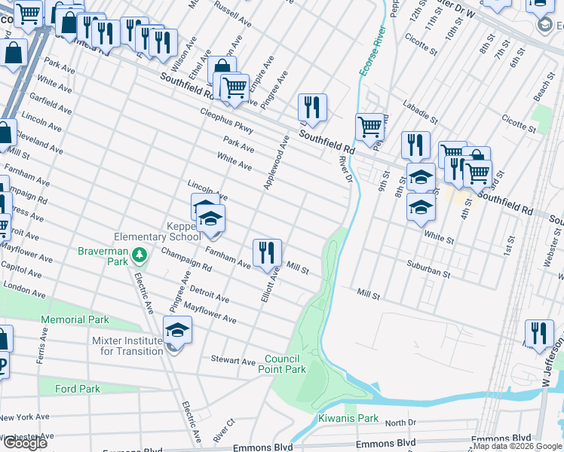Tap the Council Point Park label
tap(285, 364)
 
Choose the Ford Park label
tap(78, 389)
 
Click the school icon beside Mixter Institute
tap(178, 330)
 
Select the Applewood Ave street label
tap(275, 162)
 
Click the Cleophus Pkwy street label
tap(226, 121)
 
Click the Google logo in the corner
tap(25, 443)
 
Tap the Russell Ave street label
tap(232, 12)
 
